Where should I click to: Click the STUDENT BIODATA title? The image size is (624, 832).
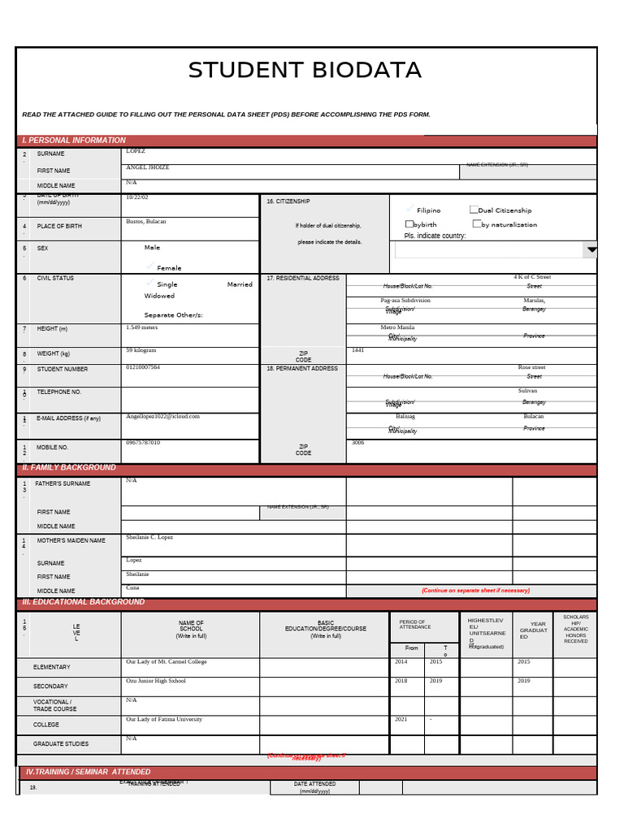(x=305, y=71)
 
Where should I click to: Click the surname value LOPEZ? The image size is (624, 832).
(x=136, y=151)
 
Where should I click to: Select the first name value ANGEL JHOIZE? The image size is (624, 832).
(x=148, y=167)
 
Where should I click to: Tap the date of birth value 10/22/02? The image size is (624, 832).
(x=137, y=197)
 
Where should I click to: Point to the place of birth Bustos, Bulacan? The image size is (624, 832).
(x=146, y=221)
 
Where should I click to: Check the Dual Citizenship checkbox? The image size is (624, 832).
(x=474, y=210)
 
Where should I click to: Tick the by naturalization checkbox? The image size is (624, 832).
(x=477, y=223)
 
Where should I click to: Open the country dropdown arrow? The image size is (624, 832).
(x=591, y=249)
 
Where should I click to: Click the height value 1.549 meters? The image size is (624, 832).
(x=142, y=327)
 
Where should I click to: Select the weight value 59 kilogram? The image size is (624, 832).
(x=141, y=350)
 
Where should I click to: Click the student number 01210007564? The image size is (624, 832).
(x=143, y=367)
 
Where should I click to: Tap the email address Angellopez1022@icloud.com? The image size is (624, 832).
(x=162, y=416)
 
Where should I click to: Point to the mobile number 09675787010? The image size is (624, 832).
(x=143, y=443)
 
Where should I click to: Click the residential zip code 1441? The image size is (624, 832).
(x=357, y=350)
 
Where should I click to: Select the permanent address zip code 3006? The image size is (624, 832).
(x=357, y=443)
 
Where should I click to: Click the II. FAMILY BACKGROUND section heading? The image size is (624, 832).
(x=69, y=468)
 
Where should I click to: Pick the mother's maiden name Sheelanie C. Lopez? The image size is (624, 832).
(x=149, y=537)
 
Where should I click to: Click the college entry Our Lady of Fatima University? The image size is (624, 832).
(x=164, y=719)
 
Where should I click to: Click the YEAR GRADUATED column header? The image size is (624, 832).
(x=533, y=630)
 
